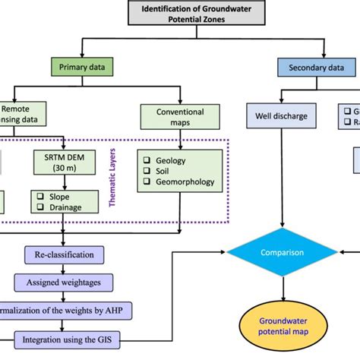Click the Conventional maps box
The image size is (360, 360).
[179, 115]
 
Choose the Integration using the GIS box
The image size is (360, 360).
[68, 336]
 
